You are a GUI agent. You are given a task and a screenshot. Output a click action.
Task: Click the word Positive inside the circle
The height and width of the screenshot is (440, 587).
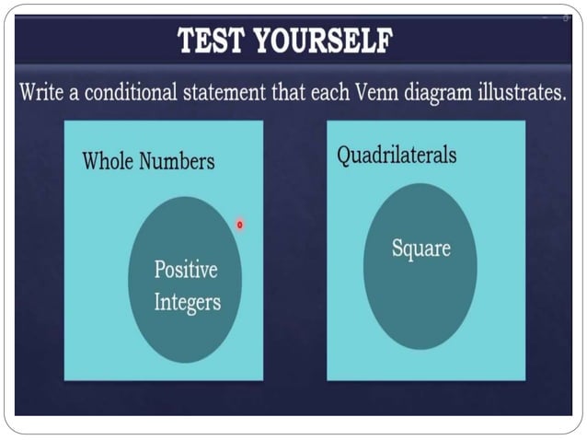click(186, 270)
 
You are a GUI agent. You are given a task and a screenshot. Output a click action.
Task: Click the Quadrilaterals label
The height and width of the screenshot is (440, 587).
click(397, 155)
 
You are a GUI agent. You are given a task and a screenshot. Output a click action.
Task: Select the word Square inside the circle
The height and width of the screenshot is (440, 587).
click(420, 248)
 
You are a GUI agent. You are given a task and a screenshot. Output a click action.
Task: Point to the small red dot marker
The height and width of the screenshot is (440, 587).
click(239, 224)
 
